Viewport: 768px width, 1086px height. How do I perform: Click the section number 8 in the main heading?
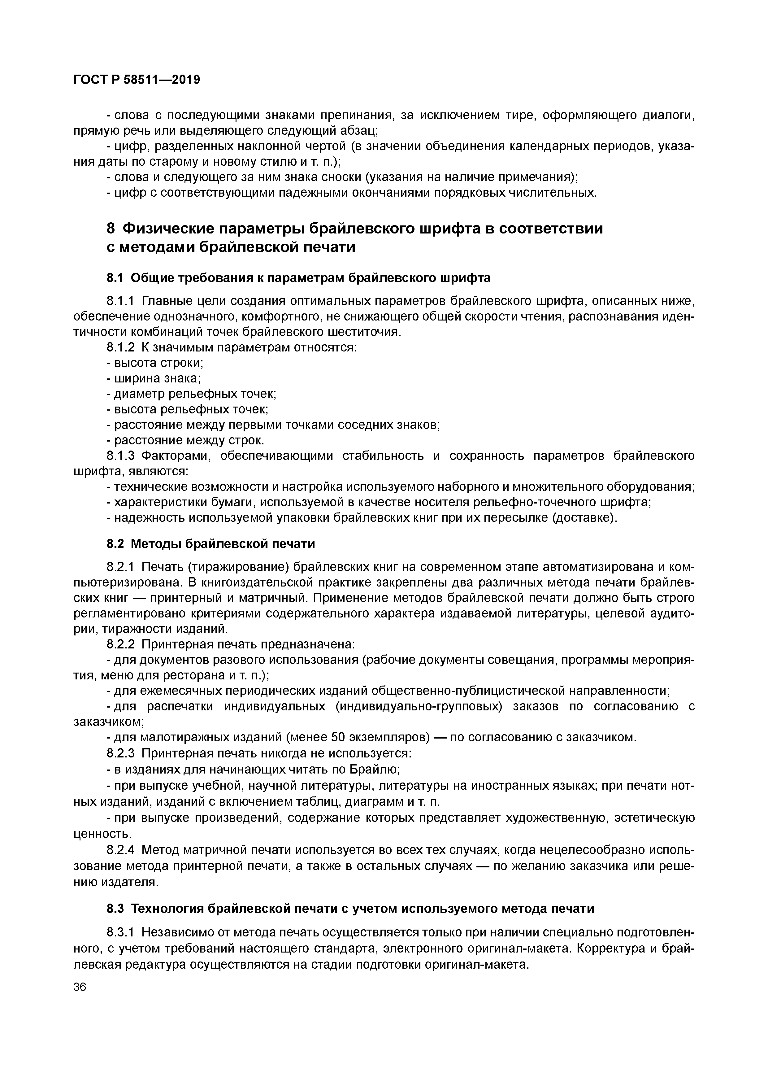[111, 229]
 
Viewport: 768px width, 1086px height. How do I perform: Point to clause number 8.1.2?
[121, 348]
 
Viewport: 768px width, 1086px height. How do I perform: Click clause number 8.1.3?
[121, 456]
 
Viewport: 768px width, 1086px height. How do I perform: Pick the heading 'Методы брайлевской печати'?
[222, 544]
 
